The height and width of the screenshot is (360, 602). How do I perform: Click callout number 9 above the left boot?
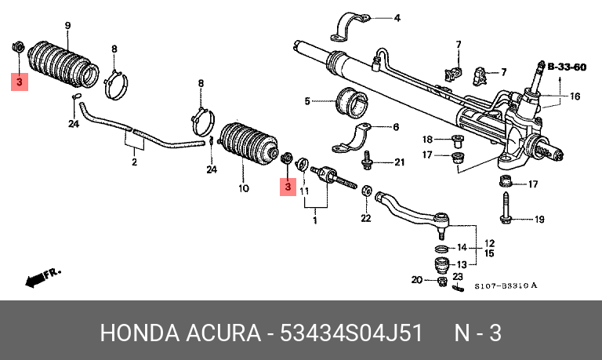tap(67, 26)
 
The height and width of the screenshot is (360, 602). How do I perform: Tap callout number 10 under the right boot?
tap(244, 188)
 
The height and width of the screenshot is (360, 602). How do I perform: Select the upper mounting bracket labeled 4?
tap(350, 27)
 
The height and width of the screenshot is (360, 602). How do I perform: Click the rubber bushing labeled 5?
tap(351, 103)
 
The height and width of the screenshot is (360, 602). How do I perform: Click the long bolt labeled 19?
tap(506, 207)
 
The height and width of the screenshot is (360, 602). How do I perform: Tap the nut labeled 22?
tap(366, 190)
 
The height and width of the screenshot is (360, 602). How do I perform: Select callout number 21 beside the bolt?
tap(400, 162)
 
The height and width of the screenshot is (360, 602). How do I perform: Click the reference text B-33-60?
tap(567, 67)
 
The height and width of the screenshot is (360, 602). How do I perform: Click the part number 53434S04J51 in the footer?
tap(351, 333)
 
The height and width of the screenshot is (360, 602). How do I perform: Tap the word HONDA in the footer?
tap(140, 333)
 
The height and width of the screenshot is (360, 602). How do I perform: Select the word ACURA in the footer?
tap(223, 333)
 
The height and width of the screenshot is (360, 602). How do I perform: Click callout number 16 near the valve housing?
tap(575, 96)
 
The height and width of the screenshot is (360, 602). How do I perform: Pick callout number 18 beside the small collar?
tap(427, 139)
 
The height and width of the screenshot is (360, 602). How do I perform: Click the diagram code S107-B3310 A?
tap(506, 285)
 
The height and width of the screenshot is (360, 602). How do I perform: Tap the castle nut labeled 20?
tap(442, 282)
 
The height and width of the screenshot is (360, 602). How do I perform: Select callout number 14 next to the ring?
tap(462, 247)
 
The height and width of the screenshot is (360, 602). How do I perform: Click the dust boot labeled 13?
tap(441, 265)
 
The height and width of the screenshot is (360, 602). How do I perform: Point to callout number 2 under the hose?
tap(134, 162)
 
